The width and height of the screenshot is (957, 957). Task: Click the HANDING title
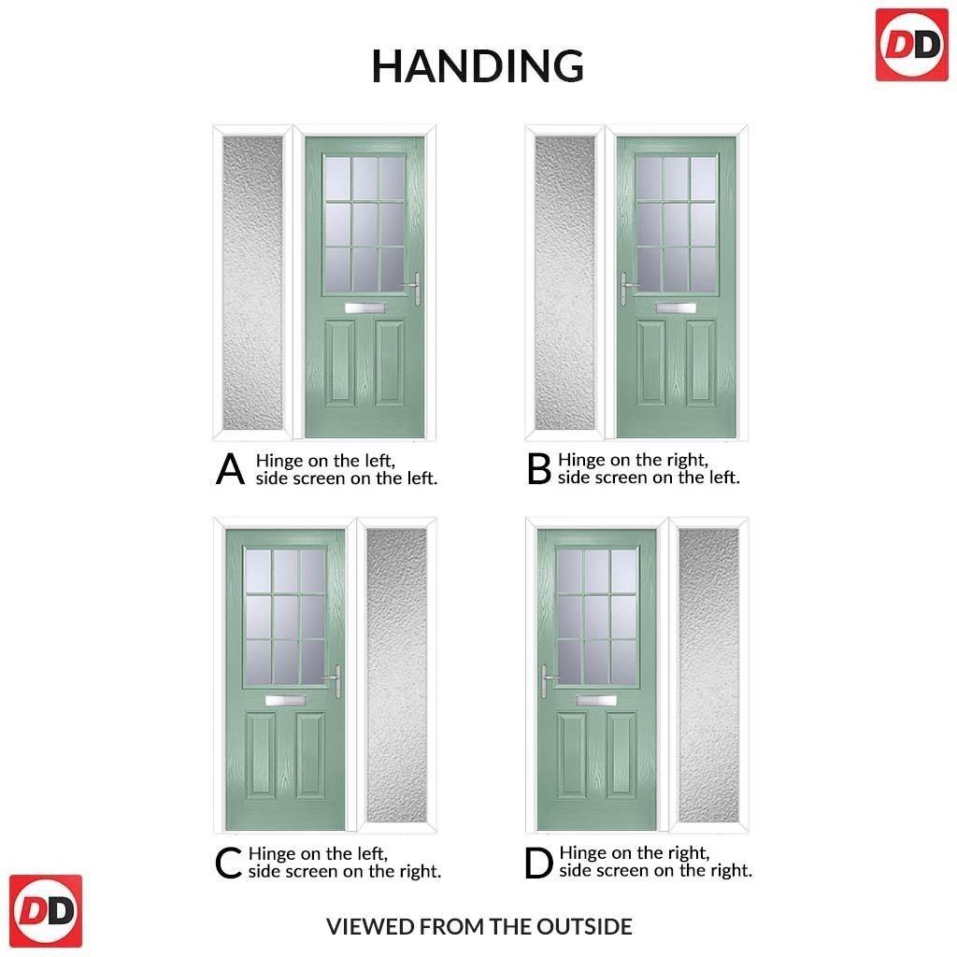pyautogui.click(x=478, y=66)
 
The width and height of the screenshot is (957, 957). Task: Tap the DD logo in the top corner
pyautogui.click(x=911, y=46)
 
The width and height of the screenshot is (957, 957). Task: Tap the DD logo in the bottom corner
pyautogui.click(x=46, y=911)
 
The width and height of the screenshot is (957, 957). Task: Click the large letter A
pyautogui.click(x=230, y=469)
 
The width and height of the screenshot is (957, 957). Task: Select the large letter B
pyautogui.click(x=539, y=469)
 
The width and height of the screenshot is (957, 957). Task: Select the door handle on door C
pyautogui.click(x=336, y=681)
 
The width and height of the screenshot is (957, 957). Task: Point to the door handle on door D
pyautogui.click(x=546, y=681)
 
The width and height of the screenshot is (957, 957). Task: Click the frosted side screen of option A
pyautogui.click(x=252, y=282)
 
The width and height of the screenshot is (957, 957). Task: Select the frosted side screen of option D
pyautogui.click(x=708, y=675)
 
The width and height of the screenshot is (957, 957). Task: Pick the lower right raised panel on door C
pyautogui.click(x=310, y=755)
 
